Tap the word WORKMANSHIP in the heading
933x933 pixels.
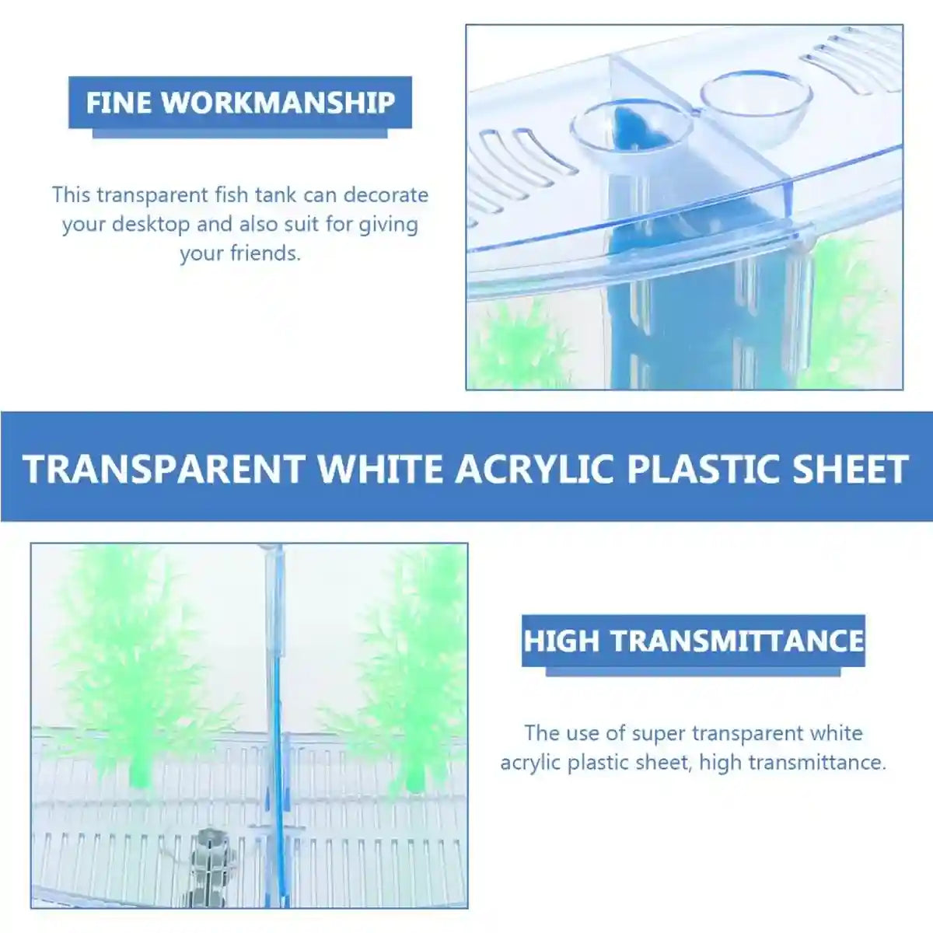[278, 103]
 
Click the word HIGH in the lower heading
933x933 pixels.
[561, 641]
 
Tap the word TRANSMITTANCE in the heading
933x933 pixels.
[737, 641]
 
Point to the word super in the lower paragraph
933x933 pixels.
[659, 733]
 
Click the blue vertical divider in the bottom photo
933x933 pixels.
[276, 739]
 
